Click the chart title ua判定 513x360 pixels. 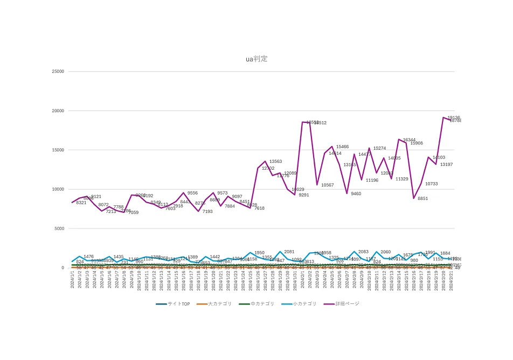256,59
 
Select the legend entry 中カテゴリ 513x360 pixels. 262,304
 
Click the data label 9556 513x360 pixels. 192,193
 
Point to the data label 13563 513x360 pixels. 275,161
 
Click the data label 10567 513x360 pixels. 328,185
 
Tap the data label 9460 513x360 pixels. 356,193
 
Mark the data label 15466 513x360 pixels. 342,147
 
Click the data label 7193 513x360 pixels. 207,211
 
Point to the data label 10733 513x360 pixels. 431,184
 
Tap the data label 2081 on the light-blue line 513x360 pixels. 289,252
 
